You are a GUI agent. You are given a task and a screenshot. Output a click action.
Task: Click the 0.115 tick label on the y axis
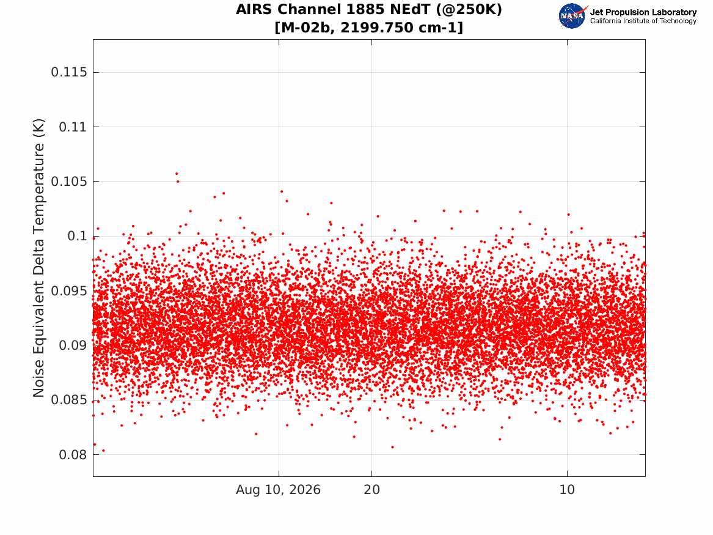pyautogui.click(x=68, y=72)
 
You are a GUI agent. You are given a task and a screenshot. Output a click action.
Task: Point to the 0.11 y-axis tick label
pyautogui.click(x=73, y=127)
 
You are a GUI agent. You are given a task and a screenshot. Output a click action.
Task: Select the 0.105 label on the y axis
pyautogui.click(x=68, y=182)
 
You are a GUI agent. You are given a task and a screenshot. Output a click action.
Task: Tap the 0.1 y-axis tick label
pyautogui.click(x=77, y=236)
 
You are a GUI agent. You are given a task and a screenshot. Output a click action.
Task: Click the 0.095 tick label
pyautogui.click(x=68, y=290)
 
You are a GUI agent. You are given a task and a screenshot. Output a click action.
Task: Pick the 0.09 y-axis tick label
pyautogui.click(x=73, y=345)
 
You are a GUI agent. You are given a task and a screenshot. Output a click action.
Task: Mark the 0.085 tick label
pyautogui.click(x=68, y=400)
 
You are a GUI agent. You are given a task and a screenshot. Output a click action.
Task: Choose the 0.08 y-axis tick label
pyautogui.click(x=73, y=454)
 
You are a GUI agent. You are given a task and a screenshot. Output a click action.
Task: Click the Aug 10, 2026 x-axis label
pyautogui.click(x=278, y=490)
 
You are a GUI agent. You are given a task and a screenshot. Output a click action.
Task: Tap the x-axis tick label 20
pyautogui.click(x=372, y=490)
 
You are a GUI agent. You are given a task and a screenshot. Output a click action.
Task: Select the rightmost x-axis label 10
pyautogui.click(x=567, y=490)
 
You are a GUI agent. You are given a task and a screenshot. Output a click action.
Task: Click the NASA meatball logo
pyautogui.click(x=572, y=16)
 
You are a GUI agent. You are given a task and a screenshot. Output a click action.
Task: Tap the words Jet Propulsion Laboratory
pyautogui.click(x=643, y=12)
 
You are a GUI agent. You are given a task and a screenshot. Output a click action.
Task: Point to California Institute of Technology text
pyautogui.click(x=643, y=21)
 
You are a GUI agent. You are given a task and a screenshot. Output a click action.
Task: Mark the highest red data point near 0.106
pyautogui.click(x=177, y=173)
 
